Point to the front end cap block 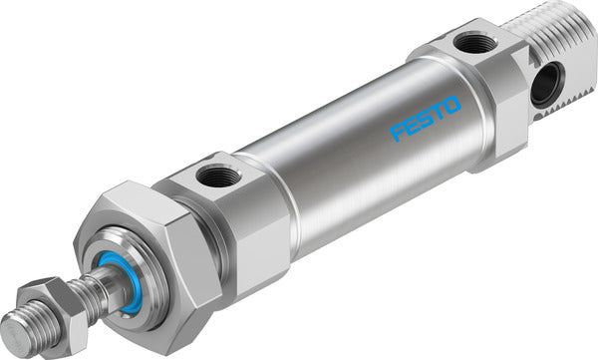[x=224, y=214]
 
